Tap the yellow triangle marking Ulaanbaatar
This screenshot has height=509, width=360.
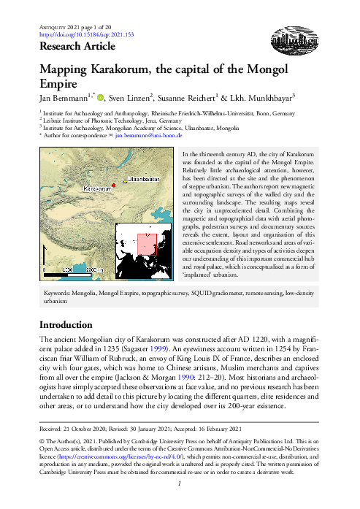124,177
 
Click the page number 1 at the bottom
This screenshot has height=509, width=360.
180,502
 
